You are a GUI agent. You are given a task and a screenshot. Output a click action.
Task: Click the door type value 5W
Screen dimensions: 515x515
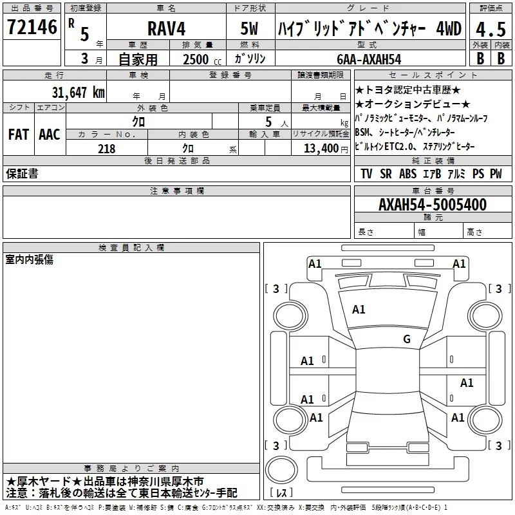pyautogui.click(x=250, y=30)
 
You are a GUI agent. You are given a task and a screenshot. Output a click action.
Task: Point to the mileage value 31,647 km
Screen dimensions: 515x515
pyautogui.click(x=78, y=91)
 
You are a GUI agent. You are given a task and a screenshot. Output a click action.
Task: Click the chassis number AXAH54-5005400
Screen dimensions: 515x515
pyautogui.click(x=432, y=205)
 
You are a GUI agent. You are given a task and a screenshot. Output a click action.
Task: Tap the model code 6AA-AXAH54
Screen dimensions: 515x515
pyautogui.click(x=369, y=59)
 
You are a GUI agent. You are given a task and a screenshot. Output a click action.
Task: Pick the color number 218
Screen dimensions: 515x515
pyautogui.click(x=106, y=149)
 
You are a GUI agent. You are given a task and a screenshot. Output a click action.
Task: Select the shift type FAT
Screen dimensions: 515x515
pyautogui.click(x=18, y=134)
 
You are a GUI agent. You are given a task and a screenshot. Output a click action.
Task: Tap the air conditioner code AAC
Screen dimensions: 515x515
pyautogui.click(x=49, y=134)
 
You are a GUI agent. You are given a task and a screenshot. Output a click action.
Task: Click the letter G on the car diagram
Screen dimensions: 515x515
pyautogui.click(x=406, y=339)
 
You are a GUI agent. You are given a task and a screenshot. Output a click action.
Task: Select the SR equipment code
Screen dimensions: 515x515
pyautogui.click(x=386, y=174)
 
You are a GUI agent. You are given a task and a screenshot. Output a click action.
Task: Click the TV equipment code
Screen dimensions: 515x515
pyautogui.click(x=366, y=174)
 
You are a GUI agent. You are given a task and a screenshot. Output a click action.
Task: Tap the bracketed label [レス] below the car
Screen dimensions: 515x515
pyautogui.click(x=282, y=494)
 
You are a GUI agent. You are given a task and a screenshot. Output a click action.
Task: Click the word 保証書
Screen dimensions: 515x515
pyautogui.click(x=21, y=174)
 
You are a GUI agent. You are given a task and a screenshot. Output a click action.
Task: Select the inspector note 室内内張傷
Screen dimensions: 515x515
pyautogui.click(x=30, y=259)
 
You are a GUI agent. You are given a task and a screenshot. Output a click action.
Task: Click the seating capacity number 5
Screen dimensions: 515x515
pyautogui.click(x=267, y=121)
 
